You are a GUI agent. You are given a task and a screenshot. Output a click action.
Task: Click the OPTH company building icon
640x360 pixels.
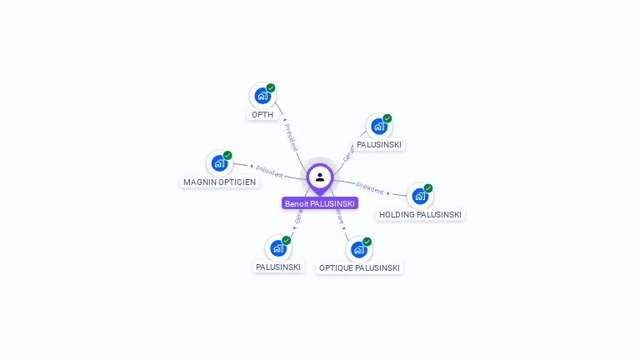(262, 96)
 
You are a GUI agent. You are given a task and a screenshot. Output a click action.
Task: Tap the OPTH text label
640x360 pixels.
(262, 115)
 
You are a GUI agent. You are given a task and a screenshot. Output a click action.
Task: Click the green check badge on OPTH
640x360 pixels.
(271, 87)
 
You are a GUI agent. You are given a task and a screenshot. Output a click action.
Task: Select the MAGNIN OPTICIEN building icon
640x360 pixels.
(219, 163)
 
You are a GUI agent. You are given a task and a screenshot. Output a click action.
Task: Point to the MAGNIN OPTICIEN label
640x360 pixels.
(220, 182)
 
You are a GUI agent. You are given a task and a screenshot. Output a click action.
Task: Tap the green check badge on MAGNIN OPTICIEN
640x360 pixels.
(227, 155)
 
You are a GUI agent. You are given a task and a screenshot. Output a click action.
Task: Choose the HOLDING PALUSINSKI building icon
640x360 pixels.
(420, 196)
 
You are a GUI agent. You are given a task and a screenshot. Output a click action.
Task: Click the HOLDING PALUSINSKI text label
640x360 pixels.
(420, 215)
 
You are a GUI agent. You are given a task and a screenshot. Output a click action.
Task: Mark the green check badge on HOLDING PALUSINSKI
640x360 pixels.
(428, 188)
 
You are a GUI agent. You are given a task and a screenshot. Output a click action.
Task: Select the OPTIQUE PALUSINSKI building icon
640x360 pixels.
(359, 250)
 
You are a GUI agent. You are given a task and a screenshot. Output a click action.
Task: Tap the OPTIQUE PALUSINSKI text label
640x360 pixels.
(359, 268)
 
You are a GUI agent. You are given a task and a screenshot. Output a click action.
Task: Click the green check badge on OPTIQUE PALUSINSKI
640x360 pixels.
(367, 242)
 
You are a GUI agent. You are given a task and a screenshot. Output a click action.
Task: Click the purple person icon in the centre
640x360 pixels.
(320, 177)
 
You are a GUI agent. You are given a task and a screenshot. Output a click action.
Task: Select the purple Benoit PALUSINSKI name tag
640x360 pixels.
(320, 203)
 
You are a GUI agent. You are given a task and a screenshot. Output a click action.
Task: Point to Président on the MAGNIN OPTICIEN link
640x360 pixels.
(269, 170)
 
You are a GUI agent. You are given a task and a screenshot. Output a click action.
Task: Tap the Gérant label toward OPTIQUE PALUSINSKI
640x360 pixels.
(339, 219)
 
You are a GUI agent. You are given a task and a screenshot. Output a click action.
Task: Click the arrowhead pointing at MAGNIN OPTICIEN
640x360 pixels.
(251, 167)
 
